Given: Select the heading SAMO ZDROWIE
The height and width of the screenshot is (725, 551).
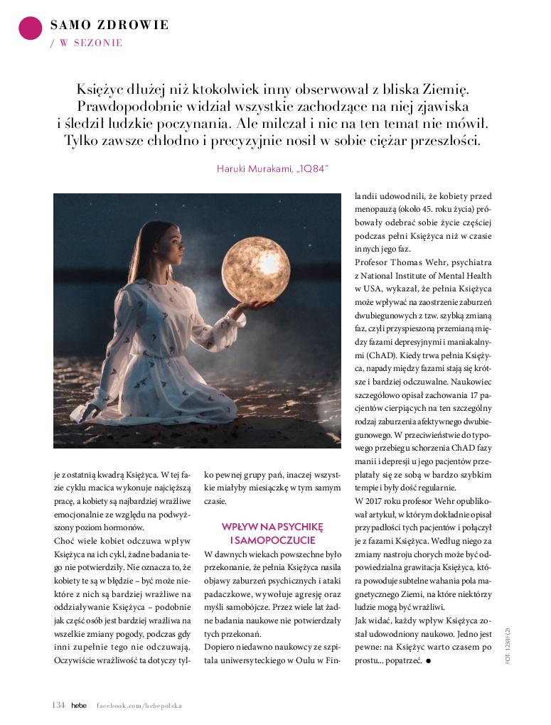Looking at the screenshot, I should click(109, 26).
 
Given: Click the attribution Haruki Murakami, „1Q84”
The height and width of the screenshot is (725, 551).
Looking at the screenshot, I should click(274, 168).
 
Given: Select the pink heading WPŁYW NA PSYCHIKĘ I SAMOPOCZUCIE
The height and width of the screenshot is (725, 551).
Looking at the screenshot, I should click(272, 533).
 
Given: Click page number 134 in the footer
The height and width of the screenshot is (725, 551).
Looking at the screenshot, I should click(58, 705).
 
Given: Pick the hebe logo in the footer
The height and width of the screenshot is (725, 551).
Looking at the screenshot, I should click(79, 705).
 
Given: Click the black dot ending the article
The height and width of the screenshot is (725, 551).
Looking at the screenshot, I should click(430, 662).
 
